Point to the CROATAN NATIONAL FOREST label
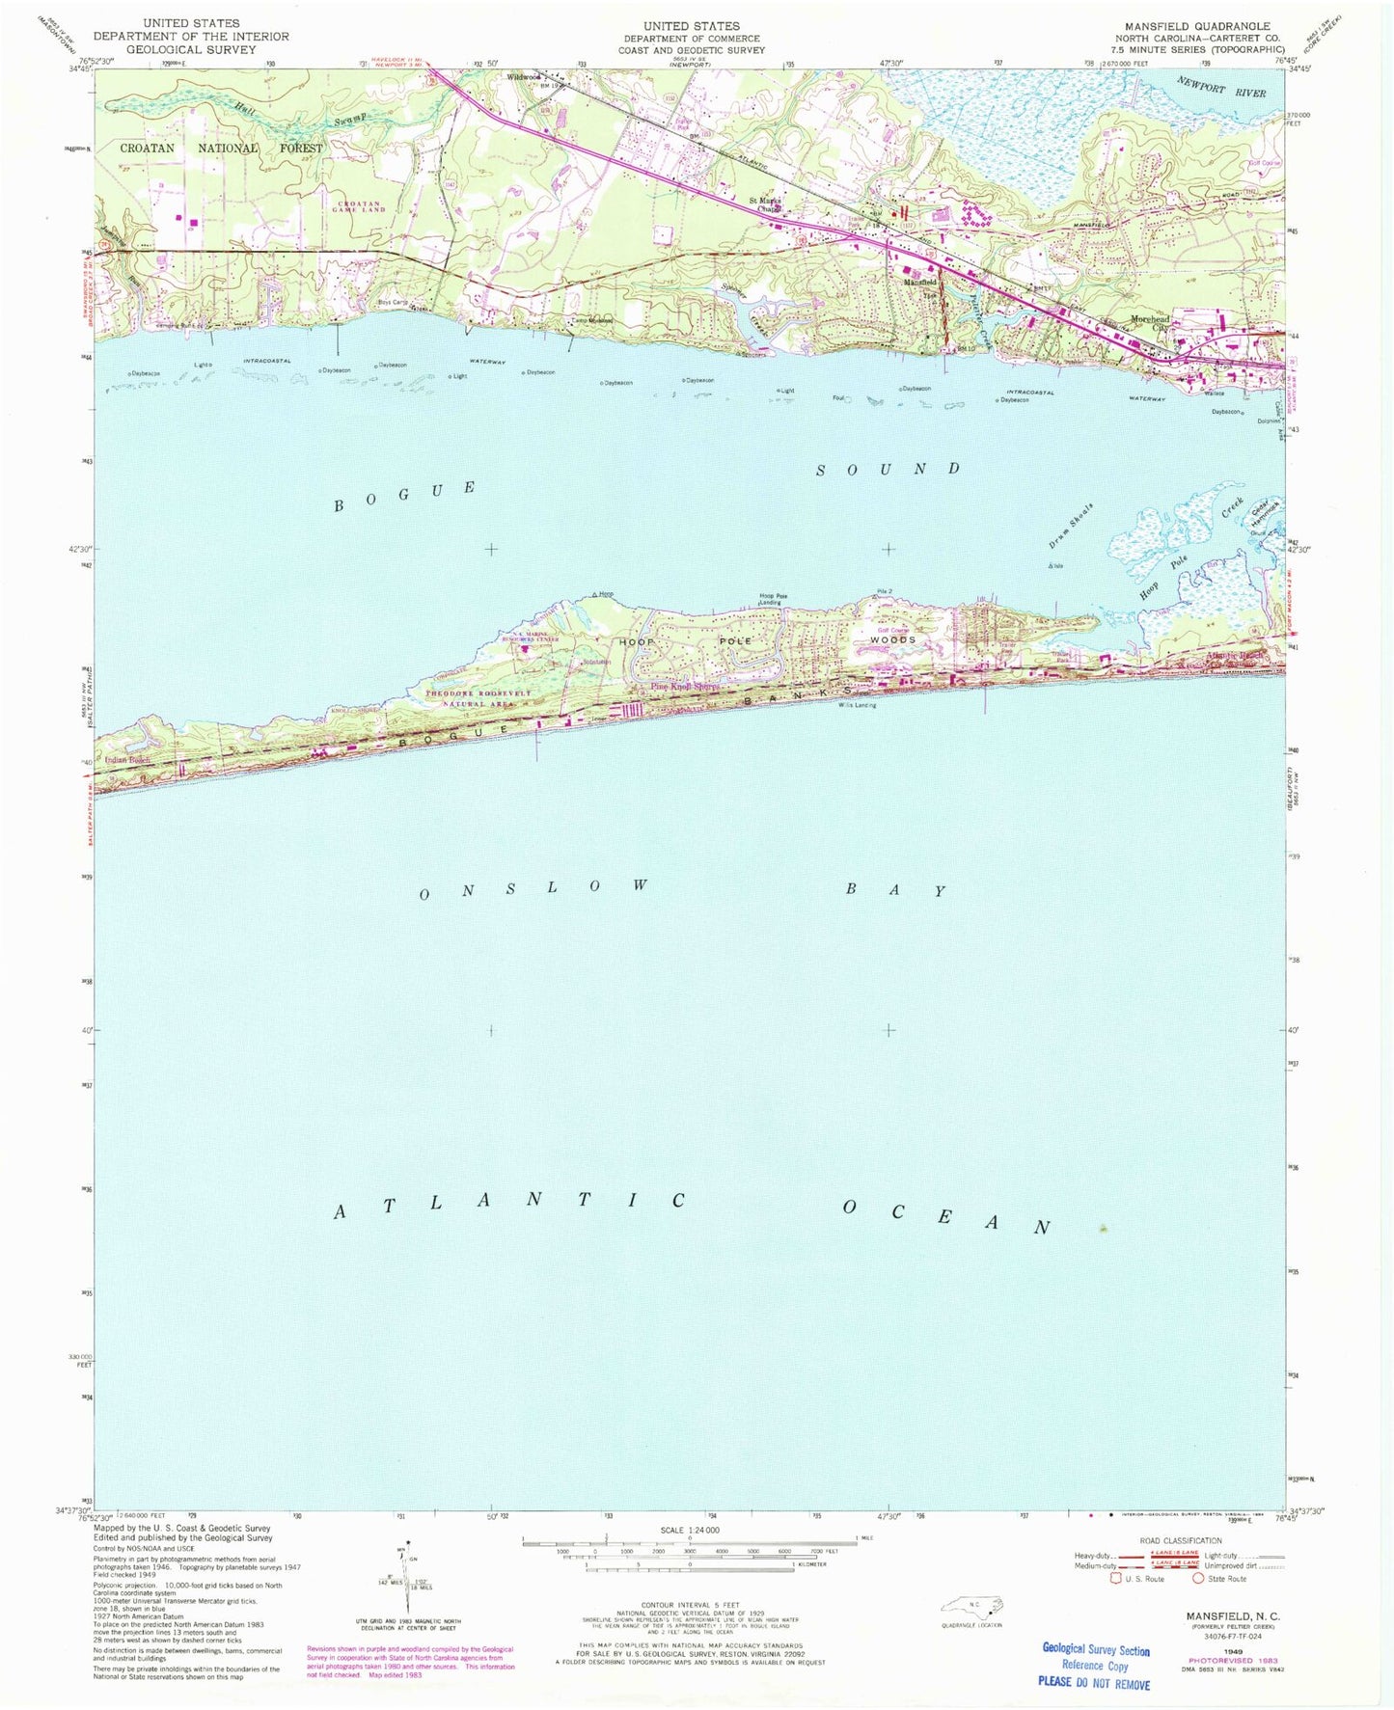point(221,149)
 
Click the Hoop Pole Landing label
point(774,599)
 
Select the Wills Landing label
point(857,705)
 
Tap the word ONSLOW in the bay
point(533,888)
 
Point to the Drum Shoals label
point(1072,527)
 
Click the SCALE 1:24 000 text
point(690,1531)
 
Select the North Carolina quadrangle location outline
point(972,1606)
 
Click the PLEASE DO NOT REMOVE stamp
point(1094,1683)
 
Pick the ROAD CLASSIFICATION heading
point(1181,1540)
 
